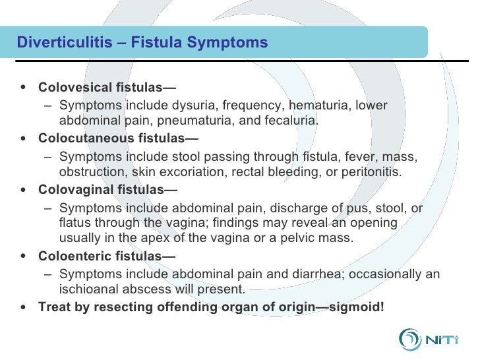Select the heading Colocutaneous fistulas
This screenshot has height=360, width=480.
tap(118, 138)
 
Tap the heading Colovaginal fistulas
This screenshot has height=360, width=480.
tap(107, 190)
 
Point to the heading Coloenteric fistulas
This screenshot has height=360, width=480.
tap(107, 256)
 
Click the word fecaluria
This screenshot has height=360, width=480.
tap(293, 121)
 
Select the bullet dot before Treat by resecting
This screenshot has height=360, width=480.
tap(24, 307)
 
